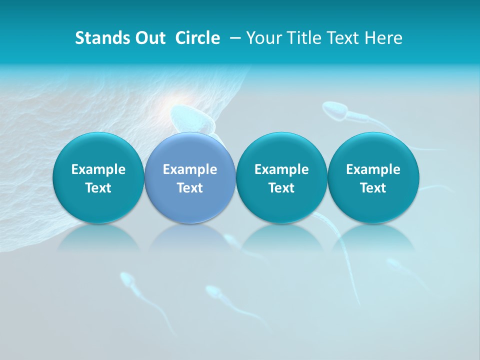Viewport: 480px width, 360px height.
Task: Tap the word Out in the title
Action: [149, 38]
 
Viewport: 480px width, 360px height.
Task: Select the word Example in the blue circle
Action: [190, 169]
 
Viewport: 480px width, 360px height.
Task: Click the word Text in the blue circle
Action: [190, 188]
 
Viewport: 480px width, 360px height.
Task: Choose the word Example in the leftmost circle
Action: [98, 169]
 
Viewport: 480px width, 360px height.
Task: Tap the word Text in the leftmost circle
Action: [98, 188]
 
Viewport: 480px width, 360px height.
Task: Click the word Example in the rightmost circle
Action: [373, 169]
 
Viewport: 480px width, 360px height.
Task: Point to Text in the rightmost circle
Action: [373, 188]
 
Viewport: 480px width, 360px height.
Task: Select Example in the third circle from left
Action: [281, 169]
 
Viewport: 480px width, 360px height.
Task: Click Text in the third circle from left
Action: [281, 188]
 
